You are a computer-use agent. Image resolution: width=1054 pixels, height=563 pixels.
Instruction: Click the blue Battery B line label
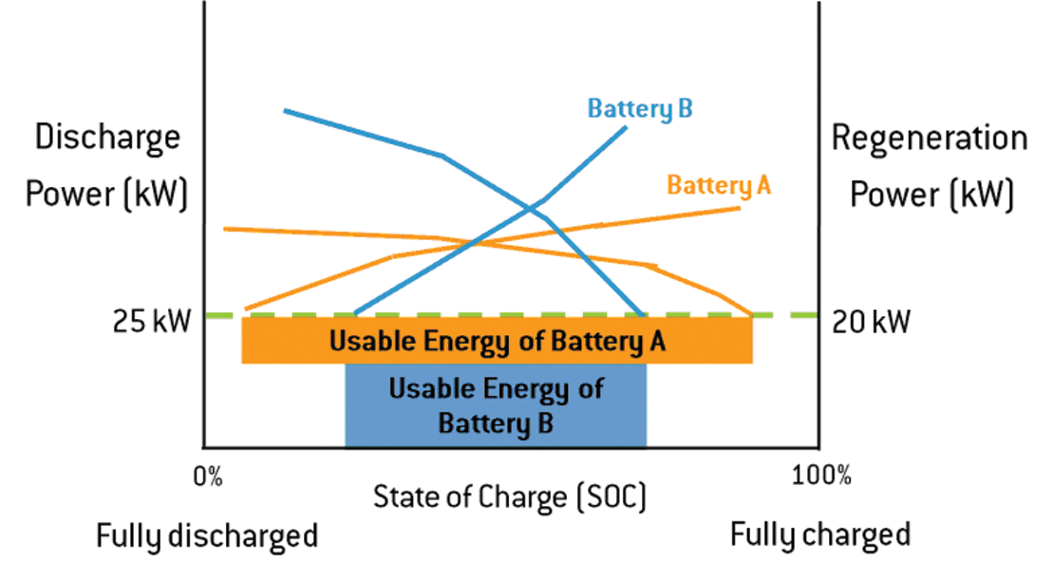[639, 108]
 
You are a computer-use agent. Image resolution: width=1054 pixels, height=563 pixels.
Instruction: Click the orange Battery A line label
[719, 184]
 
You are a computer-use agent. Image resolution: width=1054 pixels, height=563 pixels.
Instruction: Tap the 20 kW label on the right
[871, 322]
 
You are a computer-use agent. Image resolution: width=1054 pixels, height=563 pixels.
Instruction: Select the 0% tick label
[208, 476]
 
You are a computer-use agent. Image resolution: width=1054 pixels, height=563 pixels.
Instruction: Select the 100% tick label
[821, 476]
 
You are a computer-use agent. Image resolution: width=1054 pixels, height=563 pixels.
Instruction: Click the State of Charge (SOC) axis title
[510, 497]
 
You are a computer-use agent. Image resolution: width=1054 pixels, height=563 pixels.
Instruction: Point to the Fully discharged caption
[207, 536]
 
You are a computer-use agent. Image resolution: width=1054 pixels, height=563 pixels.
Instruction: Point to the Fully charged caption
[819, 535]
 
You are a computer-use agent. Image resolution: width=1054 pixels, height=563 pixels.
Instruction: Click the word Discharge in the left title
[107, 138]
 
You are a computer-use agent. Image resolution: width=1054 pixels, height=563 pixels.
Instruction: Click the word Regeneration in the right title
[929, 138]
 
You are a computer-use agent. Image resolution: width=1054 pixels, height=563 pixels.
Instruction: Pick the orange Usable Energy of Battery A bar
[497, 341]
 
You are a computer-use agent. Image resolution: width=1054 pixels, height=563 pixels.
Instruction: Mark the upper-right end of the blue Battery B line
[626, 126]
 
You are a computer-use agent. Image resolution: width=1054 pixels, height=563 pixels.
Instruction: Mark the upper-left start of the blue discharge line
[285, 110]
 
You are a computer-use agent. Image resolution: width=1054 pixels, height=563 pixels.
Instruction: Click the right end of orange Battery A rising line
[739, 207]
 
